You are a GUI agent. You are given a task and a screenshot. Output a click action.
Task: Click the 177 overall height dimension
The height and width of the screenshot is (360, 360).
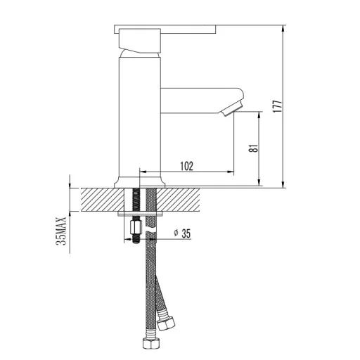point(278,106)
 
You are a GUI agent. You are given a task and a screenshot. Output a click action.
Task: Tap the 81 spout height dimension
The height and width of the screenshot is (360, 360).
point(254,148)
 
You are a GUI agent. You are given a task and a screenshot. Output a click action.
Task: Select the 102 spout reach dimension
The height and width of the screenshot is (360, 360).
point(187,166)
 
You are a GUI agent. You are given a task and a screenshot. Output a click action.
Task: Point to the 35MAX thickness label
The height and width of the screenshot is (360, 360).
point(61,231)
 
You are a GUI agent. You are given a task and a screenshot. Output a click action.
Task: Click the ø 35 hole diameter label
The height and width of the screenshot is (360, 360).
point(182,233)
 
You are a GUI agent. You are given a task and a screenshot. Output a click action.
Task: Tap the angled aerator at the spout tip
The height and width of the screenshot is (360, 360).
point(232,110)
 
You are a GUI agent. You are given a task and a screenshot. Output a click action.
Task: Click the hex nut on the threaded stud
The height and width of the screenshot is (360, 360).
point(136,227)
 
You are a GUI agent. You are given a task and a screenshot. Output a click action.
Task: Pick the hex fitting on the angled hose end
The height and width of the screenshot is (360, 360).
point(166,323)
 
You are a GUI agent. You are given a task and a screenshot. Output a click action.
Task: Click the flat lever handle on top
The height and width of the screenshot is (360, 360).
point(165,30)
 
